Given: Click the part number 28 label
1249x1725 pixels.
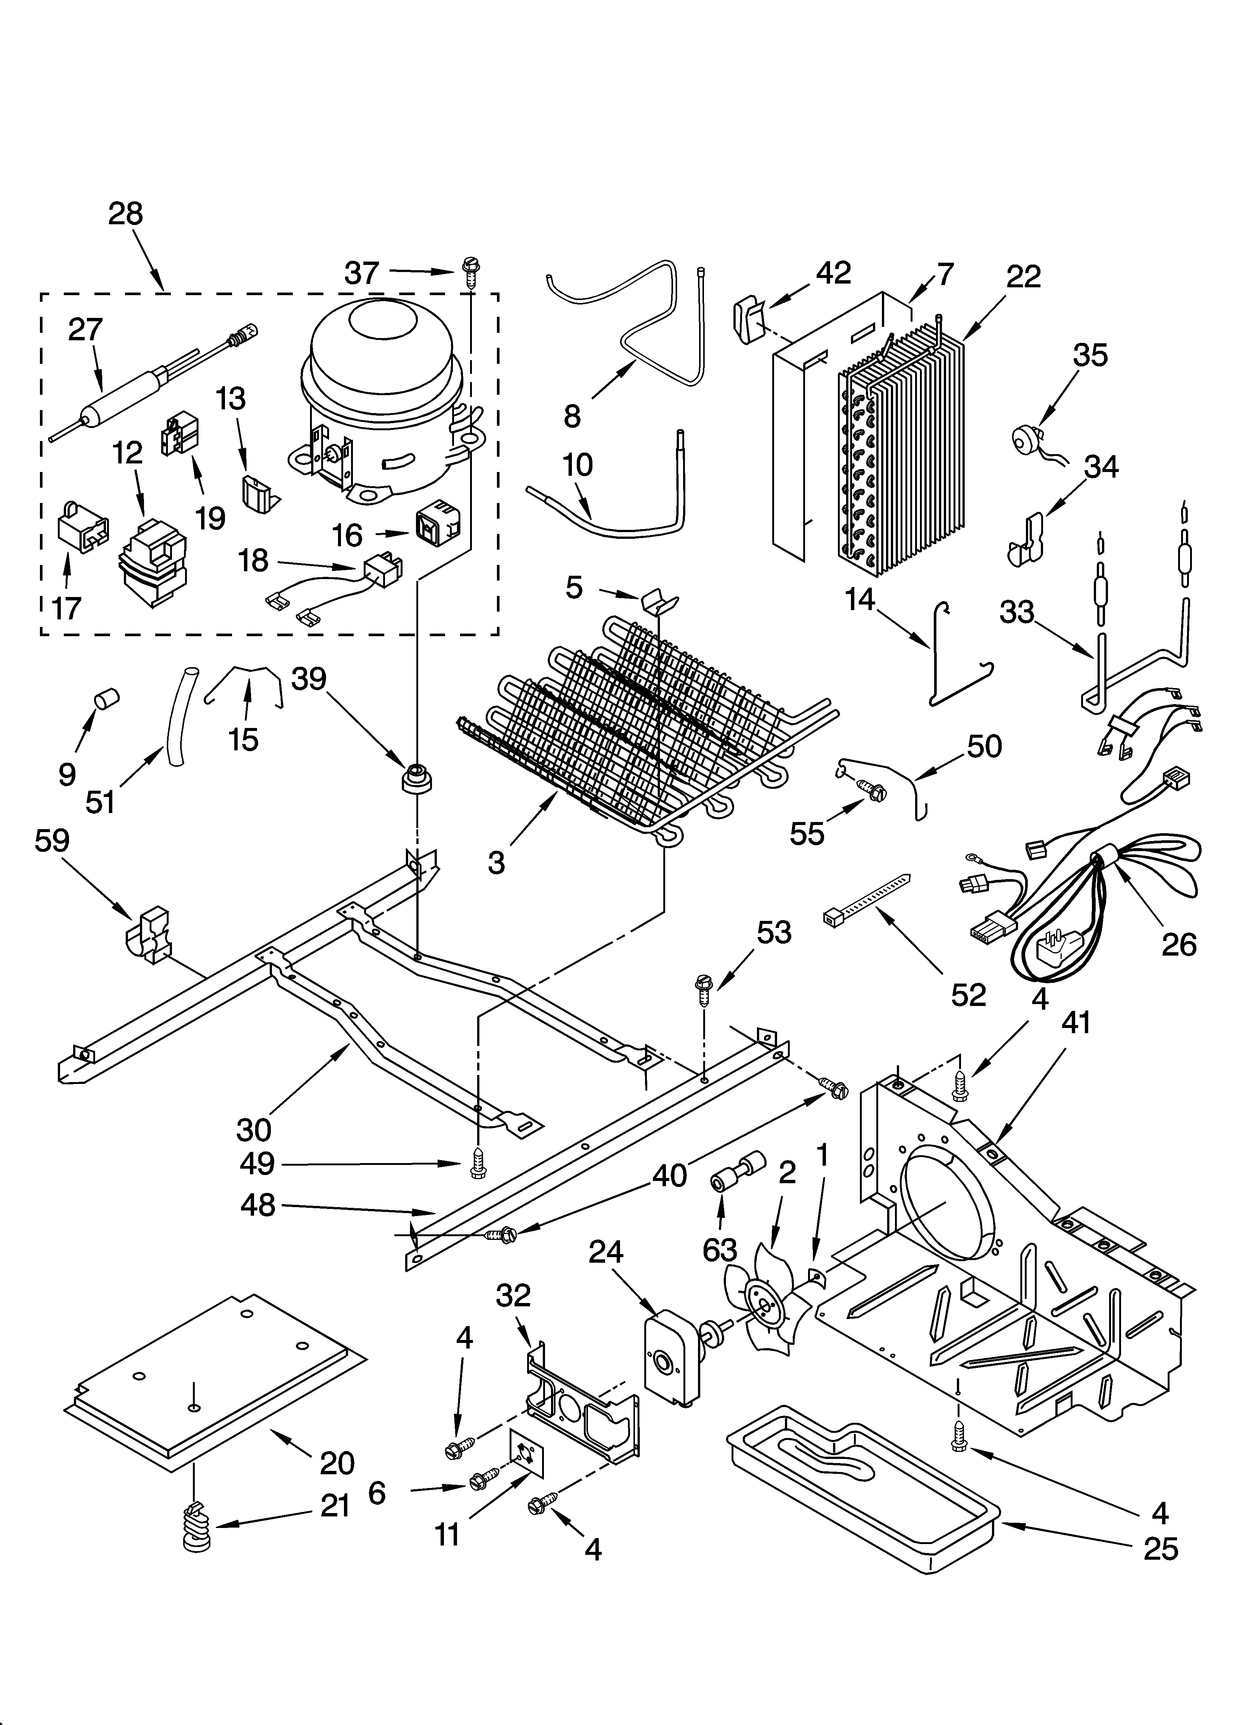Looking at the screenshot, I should point(125,214).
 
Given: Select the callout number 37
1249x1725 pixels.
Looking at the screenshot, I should point(361,272).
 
